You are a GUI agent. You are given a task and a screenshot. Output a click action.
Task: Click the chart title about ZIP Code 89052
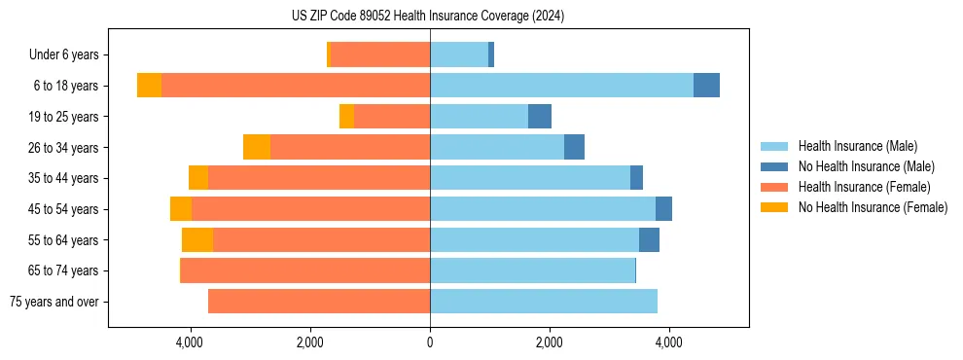coord(428,16)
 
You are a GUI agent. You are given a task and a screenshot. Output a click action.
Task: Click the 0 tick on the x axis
coord(429,342)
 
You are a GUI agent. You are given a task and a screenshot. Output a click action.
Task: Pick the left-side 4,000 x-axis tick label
coord(190,342)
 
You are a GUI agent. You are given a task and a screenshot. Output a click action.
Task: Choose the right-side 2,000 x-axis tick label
coord(549,342)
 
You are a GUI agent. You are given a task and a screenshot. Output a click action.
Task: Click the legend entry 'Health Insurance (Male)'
coord(857,146)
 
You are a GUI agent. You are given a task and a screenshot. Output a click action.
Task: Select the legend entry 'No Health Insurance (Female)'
coord(873,207)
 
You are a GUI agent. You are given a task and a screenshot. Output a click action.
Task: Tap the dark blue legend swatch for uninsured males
coord(775,166)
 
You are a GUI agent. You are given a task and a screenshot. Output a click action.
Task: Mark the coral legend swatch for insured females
coord(775,187)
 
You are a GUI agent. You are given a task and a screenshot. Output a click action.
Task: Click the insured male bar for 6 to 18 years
coord(561,86)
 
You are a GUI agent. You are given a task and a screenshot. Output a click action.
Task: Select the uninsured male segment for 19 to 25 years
coord(540,117)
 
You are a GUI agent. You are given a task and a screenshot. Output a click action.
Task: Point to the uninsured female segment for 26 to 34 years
coord(257,147)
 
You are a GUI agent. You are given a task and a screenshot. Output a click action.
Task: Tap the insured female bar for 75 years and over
coord(319,302)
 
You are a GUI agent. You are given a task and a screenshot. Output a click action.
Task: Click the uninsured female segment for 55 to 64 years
coord(197,240)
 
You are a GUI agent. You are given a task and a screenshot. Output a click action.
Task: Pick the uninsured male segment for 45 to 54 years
coord(663,209)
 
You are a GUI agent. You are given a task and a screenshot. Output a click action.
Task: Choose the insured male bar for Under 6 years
coord(459,54)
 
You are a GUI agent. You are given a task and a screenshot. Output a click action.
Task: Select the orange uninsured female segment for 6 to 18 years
coord(149,86)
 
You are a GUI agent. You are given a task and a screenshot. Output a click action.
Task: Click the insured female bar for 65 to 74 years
coord(305,270)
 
